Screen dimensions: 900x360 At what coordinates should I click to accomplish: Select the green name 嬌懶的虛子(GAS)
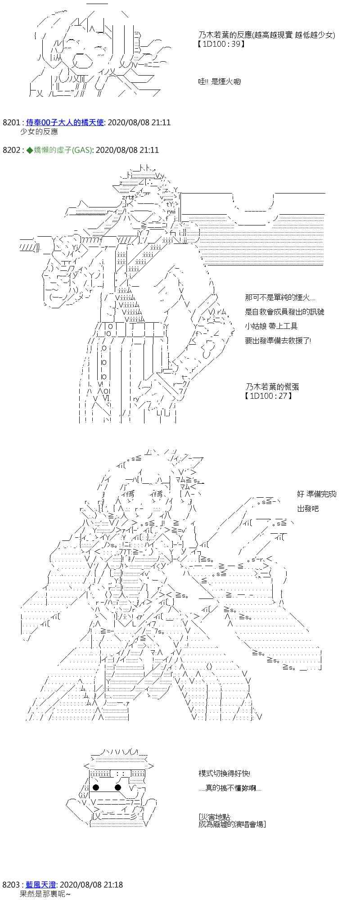[61, 150]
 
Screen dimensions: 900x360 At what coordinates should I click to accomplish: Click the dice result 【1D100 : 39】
[221, 44]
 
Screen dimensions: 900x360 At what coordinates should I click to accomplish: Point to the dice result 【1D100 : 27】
[268, 396]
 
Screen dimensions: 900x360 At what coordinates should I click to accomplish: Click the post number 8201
[11, 122]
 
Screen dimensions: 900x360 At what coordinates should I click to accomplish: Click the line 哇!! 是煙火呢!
[220, 82]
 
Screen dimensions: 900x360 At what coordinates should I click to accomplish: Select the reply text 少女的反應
[39, 132]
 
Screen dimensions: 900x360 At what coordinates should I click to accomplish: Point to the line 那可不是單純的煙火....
[280, 298]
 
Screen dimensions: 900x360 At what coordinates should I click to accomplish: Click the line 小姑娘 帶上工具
[271, 326]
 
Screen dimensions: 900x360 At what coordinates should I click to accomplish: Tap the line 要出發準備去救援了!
[278, 341]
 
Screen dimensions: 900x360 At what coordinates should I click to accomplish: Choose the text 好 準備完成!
[317, 494]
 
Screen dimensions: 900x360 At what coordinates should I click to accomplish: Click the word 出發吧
[308, 508]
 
